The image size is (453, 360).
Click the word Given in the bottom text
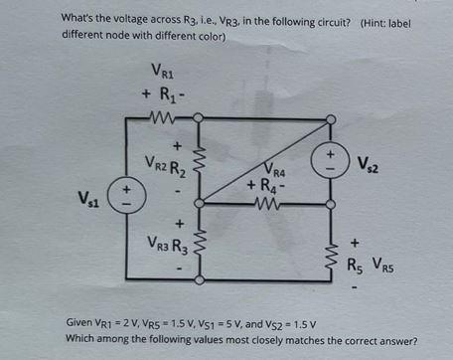[x=81, y=324]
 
